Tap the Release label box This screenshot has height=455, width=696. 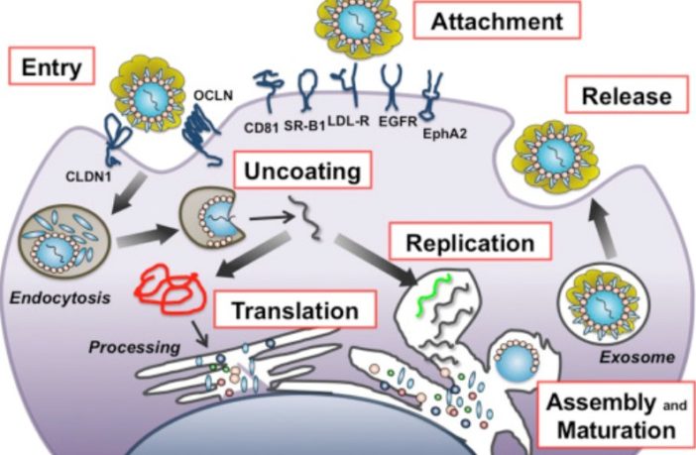point(626,95)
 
